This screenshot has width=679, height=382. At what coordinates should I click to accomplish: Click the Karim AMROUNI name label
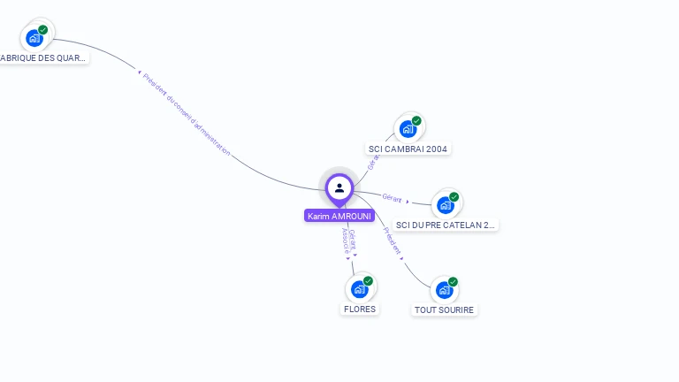point(339,216)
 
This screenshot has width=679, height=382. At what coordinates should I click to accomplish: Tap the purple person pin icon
point(339,187)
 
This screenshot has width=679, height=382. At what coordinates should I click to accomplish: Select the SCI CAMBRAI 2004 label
point(408,149)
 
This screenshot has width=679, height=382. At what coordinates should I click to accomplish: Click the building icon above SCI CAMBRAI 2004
point(408,129)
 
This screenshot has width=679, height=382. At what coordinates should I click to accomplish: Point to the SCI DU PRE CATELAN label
point(446,225)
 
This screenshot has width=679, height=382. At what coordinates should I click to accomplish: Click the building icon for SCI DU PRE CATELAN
point(445,205)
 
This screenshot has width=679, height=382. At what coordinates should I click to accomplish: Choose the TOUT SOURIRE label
point(444,309)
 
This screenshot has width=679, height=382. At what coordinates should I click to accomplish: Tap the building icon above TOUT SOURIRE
point(444,290)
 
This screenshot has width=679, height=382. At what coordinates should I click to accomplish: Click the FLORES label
point(360,309)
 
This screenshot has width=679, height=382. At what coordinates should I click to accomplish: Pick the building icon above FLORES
point(359,289)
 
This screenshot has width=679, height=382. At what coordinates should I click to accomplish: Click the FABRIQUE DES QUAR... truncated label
point(43,57)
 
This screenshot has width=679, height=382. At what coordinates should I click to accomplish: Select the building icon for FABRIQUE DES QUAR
point(34,38)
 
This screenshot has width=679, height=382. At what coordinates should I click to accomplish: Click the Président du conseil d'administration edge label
point(187,115)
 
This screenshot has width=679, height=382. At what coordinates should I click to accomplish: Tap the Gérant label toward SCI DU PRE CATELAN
point(393,198)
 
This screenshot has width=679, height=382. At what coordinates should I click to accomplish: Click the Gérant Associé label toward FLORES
point(348,241)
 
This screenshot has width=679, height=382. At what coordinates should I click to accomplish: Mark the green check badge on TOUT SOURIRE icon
point(453,282)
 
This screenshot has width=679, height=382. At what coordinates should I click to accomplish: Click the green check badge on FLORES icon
point(368,281)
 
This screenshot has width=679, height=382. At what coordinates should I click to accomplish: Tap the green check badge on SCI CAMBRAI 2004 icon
point(416,121)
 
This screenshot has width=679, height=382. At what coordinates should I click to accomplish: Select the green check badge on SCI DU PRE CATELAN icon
point(454,197)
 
